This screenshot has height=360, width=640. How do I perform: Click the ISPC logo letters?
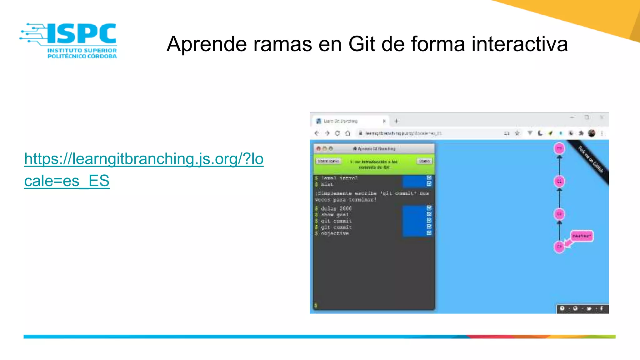(x=82, y=33)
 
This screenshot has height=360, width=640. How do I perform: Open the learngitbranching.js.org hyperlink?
(x=144, y=159)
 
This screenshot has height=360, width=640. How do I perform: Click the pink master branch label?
(x=582, y=236)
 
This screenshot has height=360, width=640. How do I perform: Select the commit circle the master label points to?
(x=559, y=247)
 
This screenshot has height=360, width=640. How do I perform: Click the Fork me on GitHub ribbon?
(x=590, y=159)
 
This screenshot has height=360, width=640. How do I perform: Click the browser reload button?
(x=337, y=133)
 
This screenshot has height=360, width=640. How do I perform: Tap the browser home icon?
(x=347, y=133)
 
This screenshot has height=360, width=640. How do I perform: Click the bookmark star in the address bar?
(x=517, y=133)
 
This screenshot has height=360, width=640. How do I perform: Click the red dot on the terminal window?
(x=318, y=149)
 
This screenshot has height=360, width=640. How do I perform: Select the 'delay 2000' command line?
(x=336, y=208)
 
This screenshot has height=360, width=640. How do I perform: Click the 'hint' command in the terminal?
(x=327, y=184)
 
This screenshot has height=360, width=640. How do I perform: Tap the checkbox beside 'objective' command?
(x=429, y=233)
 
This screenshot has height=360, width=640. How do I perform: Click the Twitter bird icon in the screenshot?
(x=589, y=309)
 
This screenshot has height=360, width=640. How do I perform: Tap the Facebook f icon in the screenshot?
(x=602, y=309)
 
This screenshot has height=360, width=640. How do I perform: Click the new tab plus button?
(x=396, y=121)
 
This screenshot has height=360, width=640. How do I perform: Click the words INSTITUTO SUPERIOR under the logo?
(x=82, y=50)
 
